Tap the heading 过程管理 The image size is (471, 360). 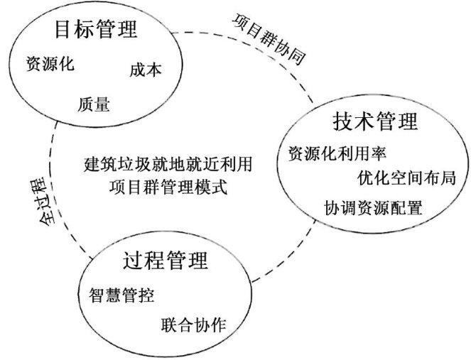[166, 261]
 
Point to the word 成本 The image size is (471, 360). [146, 70]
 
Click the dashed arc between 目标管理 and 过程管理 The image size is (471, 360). [51, 178]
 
